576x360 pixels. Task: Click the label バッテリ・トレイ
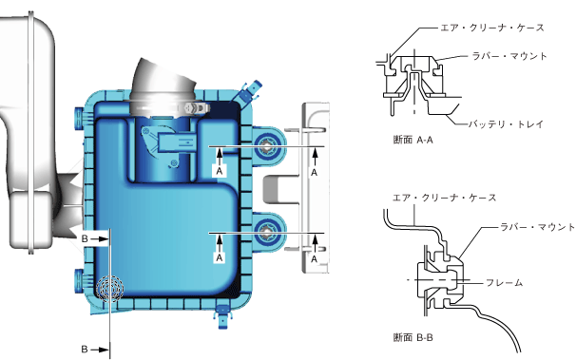506,124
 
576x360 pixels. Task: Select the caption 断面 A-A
413,140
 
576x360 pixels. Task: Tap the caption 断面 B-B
413,337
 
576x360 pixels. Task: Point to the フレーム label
504,282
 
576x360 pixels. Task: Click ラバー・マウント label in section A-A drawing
509,56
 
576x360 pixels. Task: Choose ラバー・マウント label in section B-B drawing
538,227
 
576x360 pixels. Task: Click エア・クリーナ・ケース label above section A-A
492,28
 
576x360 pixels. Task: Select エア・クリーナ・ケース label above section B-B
445,198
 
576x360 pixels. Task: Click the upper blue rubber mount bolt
266,147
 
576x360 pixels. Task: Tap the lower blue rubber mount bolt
266,231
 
